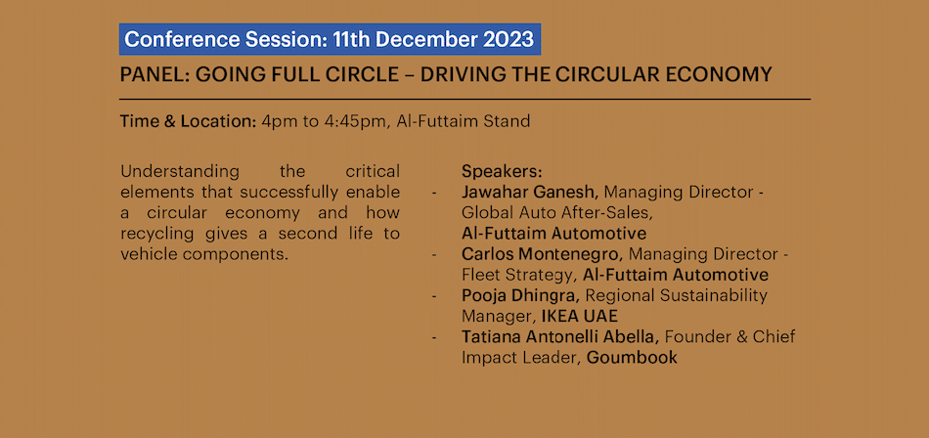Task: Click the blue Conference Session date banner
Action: click(330, 39)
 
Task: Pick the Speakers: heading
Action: click(502, 172)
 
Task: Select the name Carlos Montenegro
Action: click(542, 254)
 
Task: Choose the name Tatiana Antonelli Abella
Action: click(560, 336)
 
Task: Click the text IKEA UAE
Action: click(580, 316)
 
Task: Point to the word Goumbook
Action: click(632, 358)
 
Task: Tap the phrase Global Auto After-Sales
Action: click(558, 213)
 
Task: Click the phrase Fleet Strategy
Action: click(518, 275)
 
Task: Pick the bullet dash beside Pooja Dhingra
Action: click(436, 296)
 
